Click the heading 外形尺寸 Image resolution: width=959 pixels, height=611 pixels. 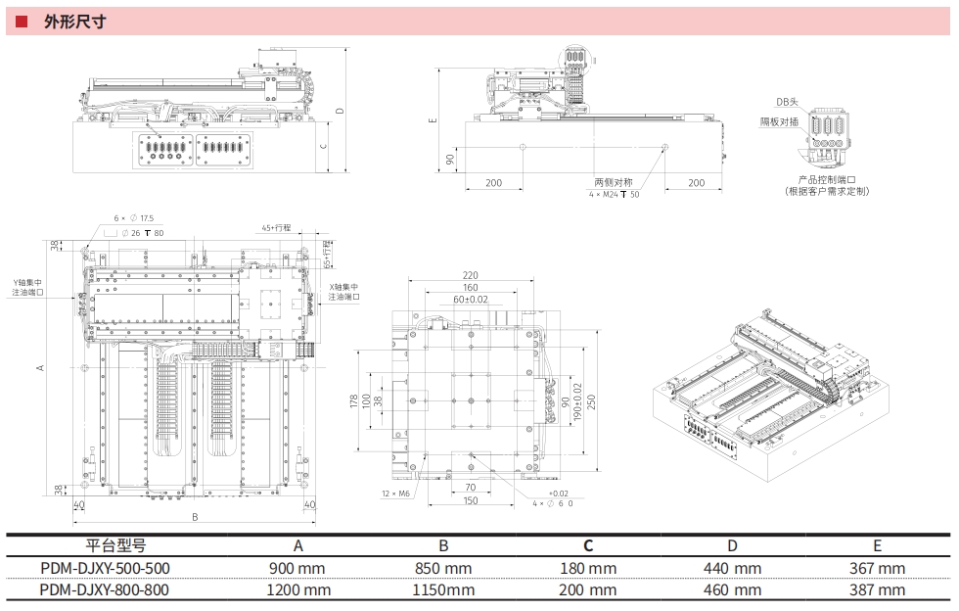pos(74,21)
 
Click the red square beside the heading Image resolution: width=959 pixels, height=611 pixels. pos(21,21)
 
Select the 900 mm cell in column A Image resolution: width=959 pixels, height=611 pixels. pos(298,569)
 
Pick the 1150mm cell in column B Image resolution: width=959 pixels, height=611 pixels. pos(442,590)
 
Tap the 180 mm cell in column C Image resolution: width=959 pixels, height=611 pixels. pos(588,569)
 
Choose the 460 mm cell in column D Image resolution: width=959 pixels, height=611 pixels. pos(733,590)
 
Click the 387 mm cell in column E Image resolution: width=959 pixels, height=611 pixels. pos(878,590)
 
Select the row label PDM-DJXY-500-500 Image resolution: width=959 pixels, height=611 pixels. pos(99,569)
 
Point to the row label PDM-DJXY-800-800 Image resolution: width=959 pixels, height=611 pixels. pos(99,590)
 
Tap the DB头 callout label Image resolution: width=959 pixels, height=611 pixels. pos(787,102)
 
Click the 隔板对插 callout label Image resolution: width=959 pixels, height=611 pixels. pos(779,121)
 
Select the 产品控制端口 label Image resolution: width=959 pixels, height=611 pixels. pos(827,180)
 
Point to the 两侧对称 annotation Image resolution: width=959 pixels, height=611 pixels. pos(614,183)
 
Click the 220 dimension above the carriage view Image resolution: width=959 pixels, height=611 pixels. pos(471,275)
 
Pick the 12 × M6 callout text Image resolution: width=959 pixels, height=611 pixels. pos(396,493)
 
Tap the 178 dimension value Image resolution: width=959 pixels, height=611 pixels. pos(355,402)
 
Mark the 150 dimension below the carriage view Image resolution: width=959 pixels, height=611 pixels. pos(471,501)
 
